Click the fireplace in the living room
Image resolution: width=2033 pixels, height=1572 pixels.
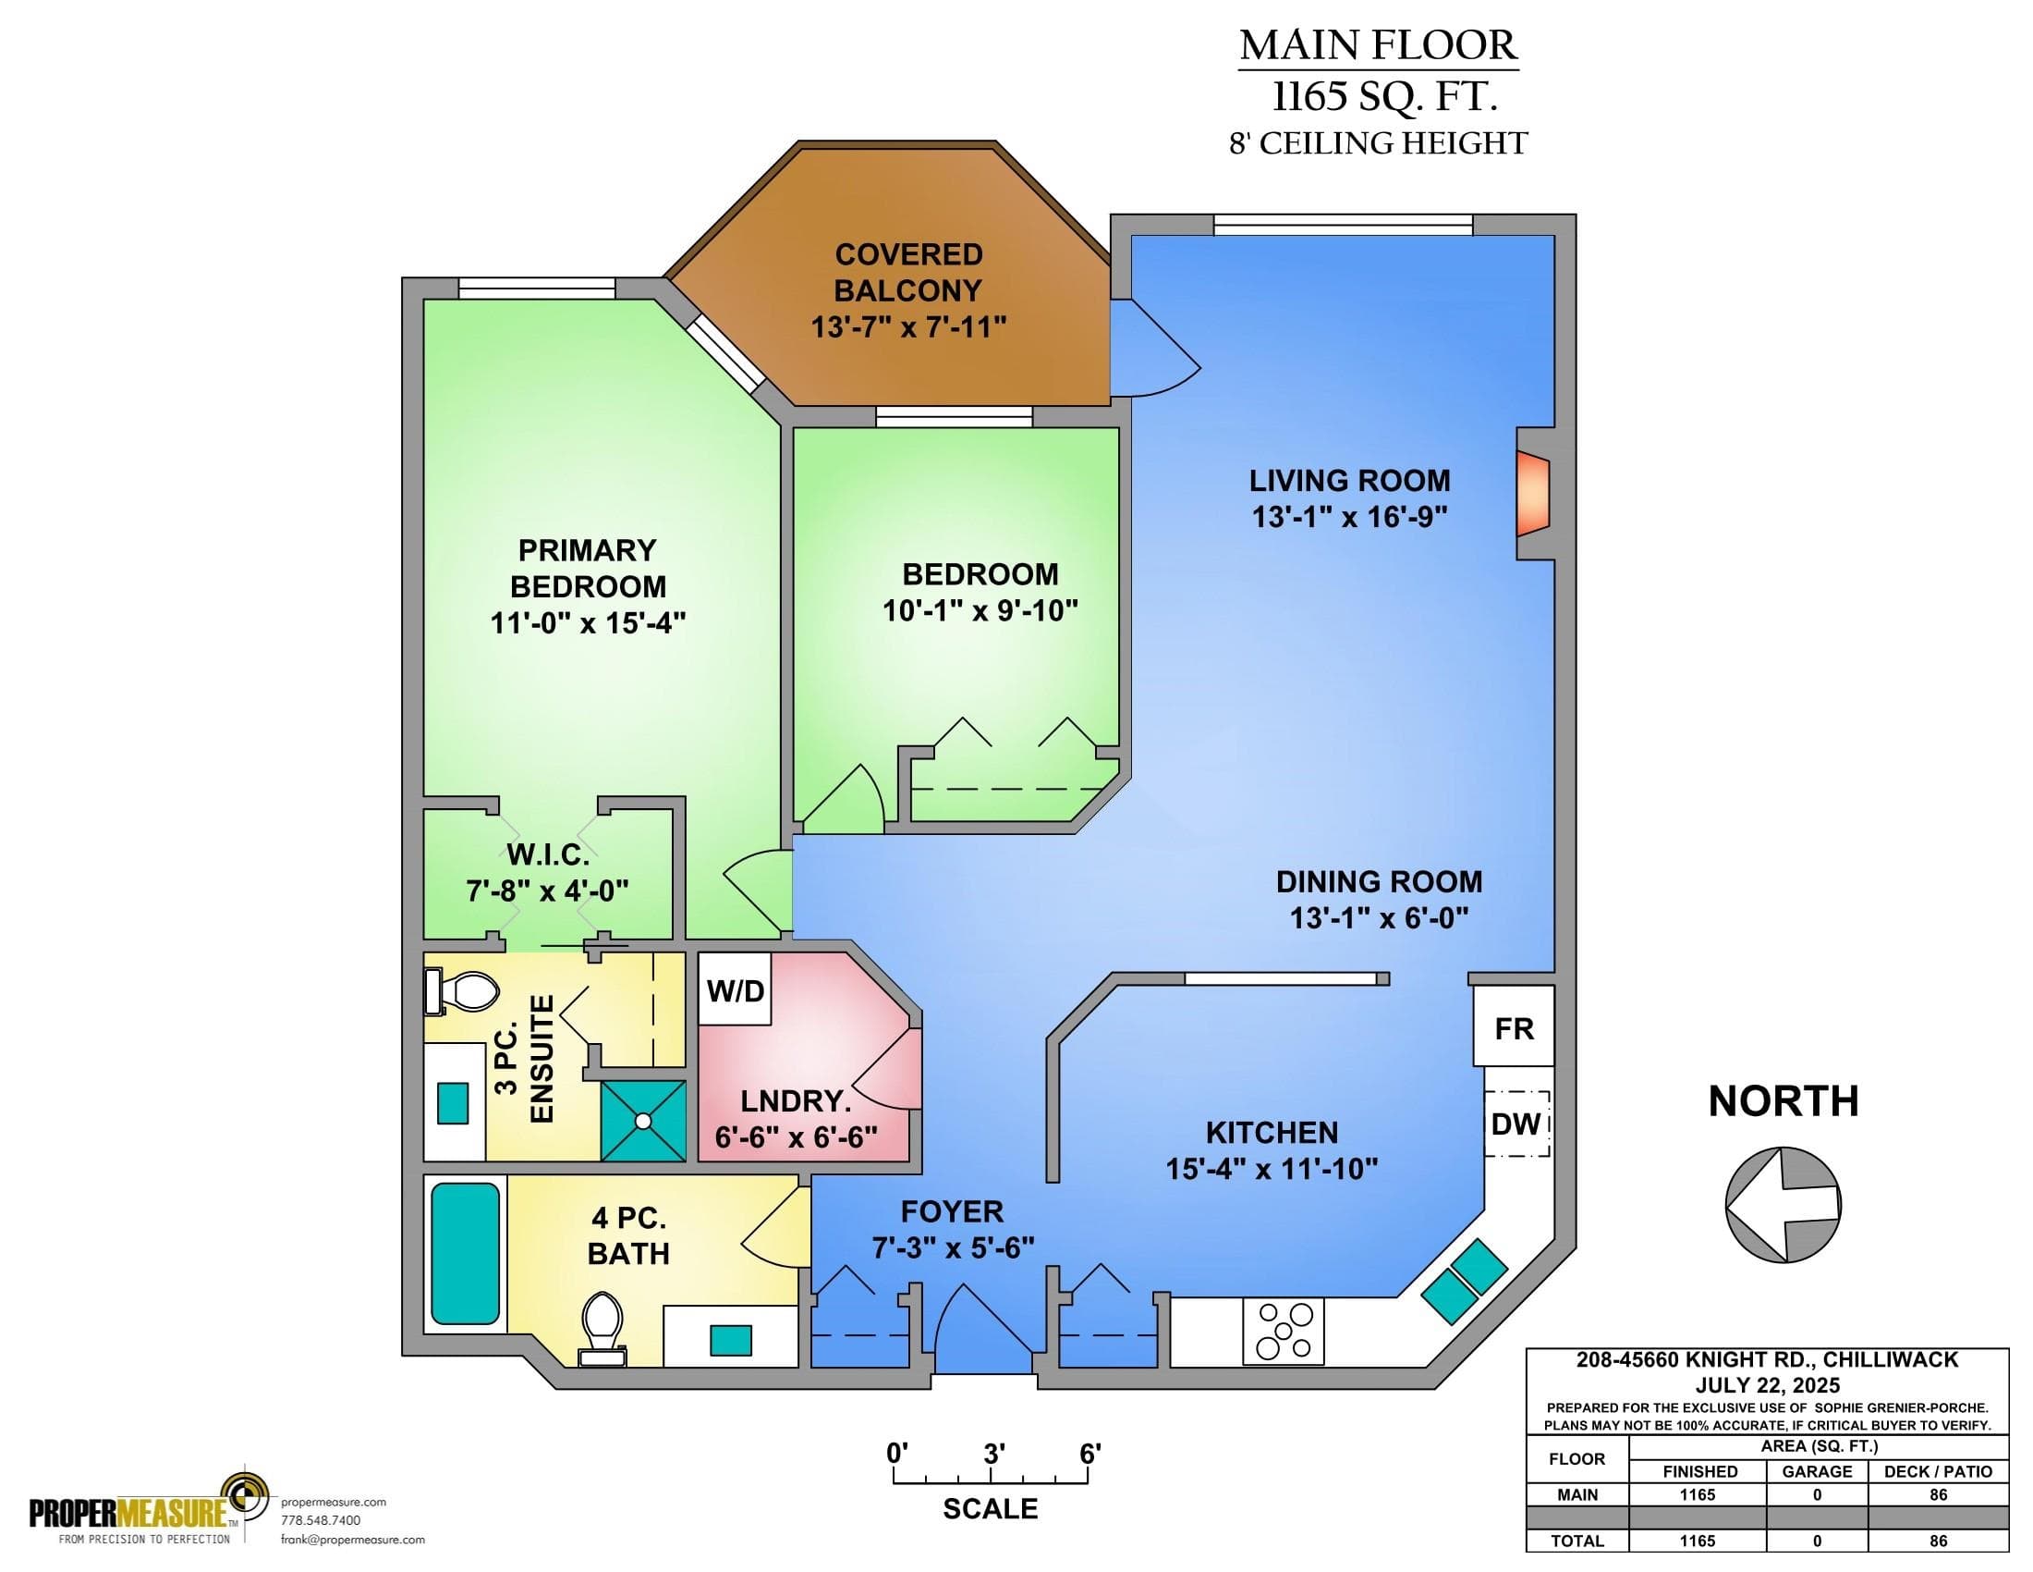pos(1532,494)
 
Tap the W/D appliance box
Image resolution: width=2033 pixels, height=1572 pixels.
pos(735,989)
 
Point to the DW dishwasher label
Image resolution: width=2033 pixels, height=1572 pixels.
pos(1516,1124)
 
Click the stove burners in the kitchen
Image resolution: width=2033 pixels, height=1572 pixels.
pos(1284,1331)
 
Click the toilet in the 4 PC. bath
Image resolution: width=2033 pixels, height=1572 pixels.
pos(603,1327)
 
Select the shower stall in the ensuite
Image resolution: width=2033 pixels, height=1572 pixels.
pos(643,1121)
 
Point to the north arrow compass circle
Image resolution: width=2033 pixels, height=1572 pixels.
pos(1783,1204)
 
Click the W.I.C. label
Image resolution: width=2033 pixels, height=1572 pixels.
pos(547,854)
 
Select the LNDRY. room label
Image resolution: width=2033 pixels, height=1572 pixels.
pos(796,1100)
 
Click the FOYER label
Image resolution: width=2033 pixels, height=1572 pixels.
pos(952,1211)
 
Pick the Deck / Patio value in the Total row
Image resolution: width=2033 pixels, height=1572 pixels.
pos(1938,1541)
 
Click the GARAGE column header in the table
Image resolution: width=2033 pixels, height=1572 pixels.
pos(1817,1471)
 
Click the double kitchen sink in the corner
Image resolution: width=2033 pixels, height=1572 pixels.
pos(1465,1281)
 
